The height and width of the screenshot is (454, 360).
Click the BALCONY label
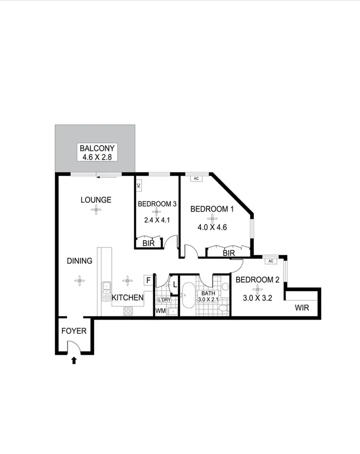coord(97,148)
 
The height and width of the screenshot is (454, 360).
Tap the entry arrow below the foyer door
coord(73,360)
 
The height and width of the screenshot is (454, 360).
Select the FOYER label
coord(74,331)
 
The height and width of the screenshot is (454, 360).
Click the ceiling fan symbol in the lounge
coord(96,209)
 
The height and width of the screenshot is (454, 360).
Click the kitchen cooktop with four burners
coord(128,310)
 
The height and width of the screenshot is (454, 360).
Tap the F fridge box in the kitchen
coord(148,280)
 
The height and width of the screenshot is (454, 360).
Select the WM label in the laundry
coord(161,311)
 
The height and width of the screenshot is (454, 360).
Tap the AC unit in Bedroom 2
coord(271,261)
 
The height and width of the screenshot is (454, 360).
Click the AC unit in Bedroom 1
coord(195,179)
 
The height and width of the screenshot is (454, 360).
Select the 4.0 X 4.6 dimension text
coord(209,222)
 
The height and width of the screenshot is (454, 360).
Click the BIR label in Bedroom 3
coord(148,244)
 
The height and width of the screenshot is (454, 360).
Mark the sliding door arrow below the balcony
coord(106,176)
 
